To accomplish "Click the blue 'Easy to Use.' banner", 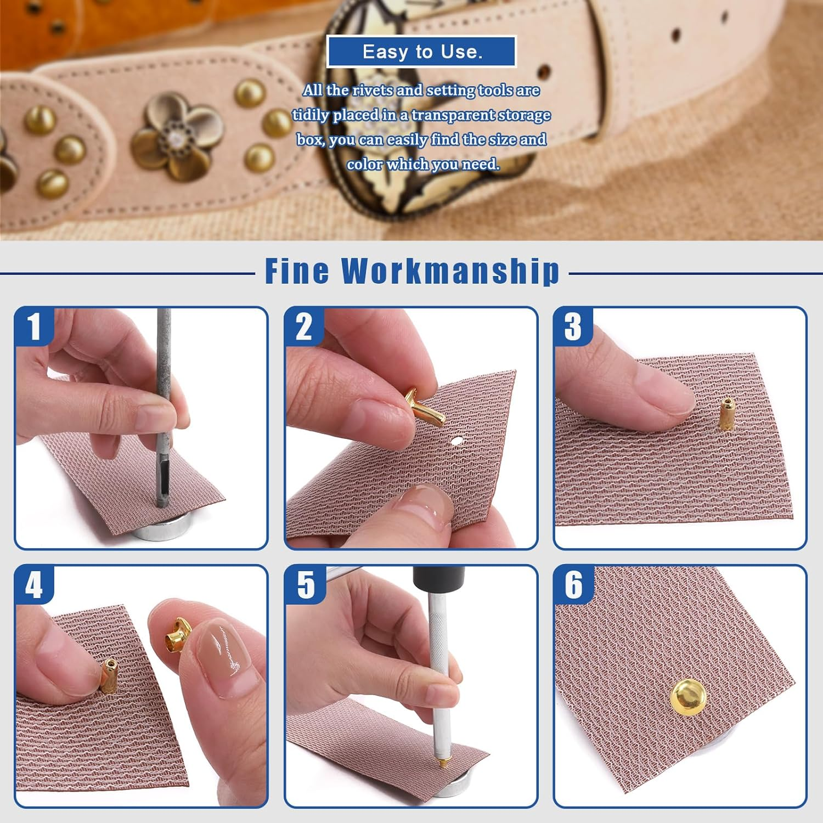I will click(421, 52).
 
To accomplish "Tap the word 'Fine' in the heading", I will click(297, 271).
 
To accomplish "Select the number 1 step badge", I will click(34, 326).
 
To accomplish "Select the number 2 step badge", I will click(303, 326).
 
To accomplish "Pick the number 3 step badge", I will click(573, 326).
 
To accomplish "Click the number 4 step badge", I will click(34, 584).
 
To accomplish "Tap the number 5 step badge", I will click(305, 584).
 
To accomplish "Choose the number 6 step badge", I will click(573, 584).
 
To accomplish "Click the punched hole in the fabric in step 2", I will click(457, 439).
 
